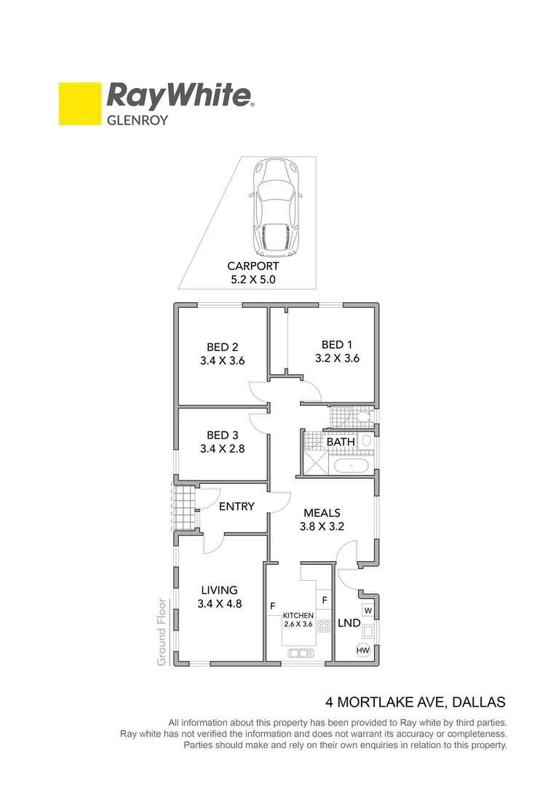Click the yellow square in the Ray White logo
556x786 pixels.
point(79,104)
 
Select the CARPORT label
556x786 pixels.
point(253,266)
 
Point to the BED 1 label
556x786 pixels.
point(337,344)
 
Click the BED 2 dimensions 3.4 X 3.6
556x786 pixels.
point(223,360)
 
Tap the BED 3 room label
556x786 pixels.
point(222,435)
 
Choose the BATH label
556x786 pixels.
point(340,442)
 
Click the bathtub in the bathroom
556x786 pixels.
point(349,464)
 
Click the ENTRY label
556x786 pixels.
point(237,506)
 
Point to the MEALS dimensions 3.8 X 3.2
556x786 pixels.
point(322,527)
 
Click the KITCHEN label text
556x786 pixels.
point(298,616)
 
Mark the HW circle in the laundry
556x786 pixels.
point(362,650)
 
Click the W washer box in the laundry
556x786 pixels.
point(368,610)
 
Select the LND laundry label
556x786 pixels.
point(349,623)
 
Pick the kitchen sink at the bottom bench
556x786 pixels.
point(298,652)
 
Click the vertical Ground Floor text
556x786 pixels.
point(162,632)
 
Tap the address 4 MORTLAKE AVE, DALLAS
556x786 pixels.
point(415,703)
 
